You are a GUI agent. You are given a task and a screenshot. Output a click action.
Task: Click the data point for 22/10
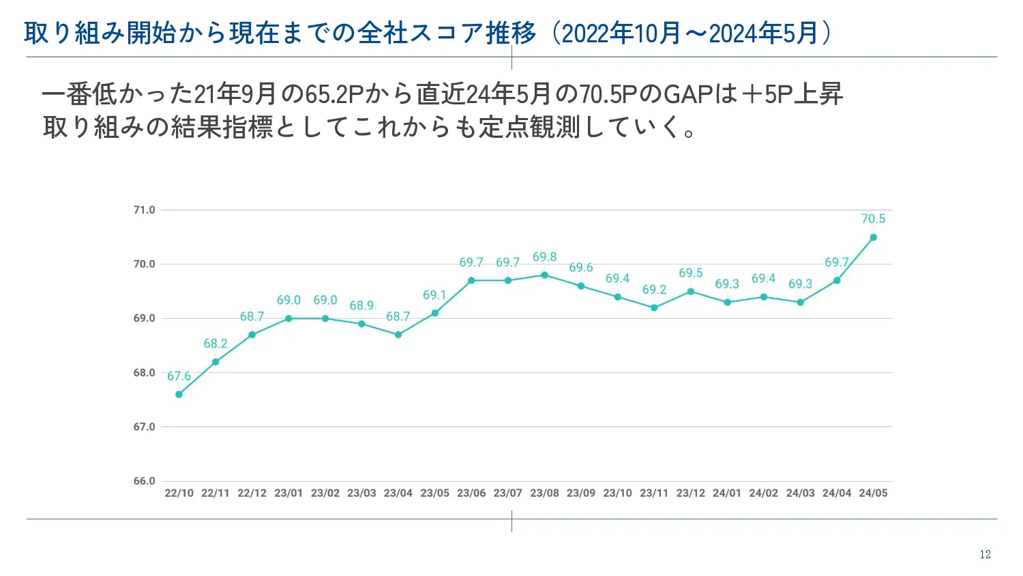pos(179,394)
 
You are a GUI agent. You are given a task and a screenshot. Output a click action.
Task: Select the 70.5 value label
pos(873,219)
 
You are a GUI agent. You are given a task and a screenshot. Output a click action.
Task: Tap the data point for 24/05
pos(873,237)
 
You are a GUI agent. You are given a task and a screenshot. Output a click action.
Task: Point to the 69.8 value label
pos(544,257)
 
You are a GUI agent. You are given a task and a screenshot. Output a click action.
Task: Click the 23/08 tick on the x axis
pos(544,493)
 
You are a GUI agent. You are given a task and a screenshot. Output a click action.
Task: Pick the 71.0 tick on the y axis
pos(144,210)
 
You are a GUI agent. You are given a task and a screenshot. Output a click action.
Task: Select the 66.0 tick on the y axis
pos(144,481)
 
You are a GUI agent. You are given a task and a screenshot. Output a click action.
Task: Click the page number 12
pos(985,555)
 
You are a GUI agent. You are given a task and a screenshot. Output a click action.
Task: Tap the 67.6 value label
pos(179,377)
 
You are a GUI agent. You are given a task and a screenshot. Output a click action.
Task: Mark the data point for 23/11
pos(654,308)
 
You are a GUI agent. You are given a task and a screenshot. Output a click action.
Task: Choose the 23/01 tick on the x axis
pos(288,493)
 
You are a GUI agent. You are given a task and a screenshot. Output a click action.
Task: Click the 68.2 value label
pos(216,344)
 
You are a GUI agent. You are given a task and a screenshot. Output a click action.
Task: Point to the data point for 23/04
pos(398,335)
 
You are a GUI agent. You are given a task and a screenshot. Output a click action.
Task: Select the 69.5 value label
pos(690,273)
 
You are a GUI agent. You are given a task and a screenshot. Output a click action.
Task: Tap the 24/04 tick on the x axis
pos(837,493)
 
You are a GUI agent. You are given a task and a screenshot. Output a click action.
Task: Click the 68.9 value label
pos(361,306)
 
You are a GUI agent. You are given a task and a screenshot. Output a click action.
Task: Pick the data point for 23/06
pos(471,280)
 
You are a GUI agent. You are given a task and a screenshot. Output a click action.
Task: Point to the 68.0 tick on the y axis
pos(144,373)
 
